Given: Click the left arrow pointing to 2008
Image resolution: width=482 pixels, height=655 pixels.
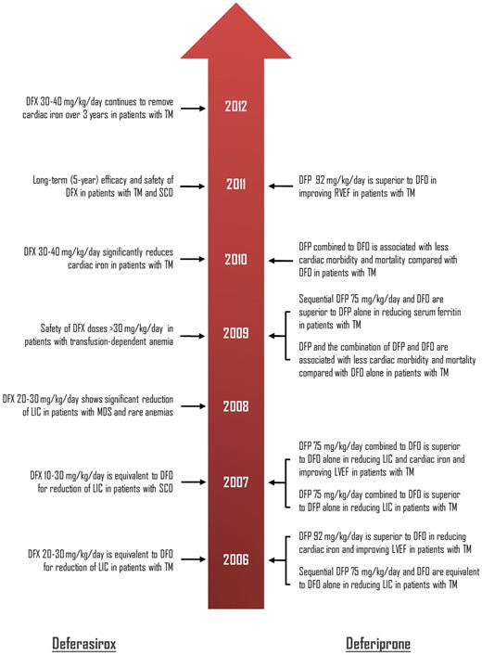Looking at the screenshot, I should tap(191, 405).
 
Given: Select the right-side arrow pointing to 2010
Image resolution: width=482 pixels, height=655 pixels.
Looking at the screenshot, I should tap(279, 260).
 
